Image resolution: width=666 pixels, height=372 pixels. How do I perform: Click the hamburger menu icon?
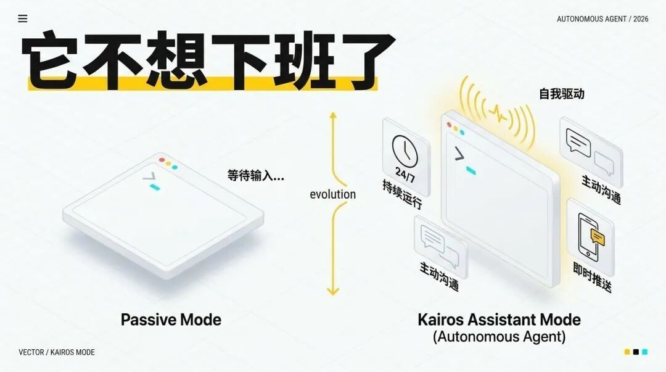click(x=23, y=19)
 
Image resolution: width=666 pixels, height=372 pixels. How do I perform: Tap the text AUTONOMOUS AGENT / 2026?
click(x=602, y=19)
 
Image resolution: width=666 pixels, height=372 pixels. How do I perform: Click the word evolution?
click(x=332, y=194)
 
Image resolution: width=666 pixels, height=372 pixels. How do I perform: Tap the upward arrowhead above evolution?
click(x=333, y=115)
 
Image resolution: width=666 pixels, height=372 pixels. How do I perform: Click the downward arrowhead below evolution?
click(x=333, y=291)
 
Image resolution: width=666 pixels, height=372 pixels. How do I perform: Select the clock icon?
click(x=405, y=151)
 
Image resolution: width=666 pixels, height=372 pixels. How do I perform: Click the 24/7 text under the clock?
click(x=405, y=173)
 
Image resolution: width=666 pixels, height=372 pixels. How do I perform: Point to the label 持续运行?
click(x=402, y=194)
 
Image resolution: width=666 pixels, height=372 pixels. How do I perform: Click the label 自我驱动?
click(x=562, y=94)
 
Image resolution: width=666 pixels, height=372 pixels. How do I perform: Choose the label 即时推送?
click(x=592, y=277)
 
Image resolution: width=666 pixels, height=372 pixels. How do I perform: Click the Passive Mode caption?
click(x=171, y=320)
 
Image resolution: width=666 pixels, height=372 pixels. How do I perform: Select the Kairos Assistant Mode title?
click(x=499, y=320)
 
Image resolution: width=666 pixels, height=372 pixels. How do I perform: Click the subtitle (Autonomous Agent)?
click(x=499, y=337)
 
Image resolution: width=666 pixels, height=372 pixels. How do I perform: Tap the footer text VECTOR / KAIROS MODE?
click(x=57, y=352)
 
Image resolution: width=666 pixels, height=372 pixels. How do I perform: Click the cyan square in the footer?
click(x=645, y=352)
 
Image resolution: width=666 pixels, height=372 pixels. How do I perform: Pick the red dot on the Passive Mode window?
click(x=162, y=160)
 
